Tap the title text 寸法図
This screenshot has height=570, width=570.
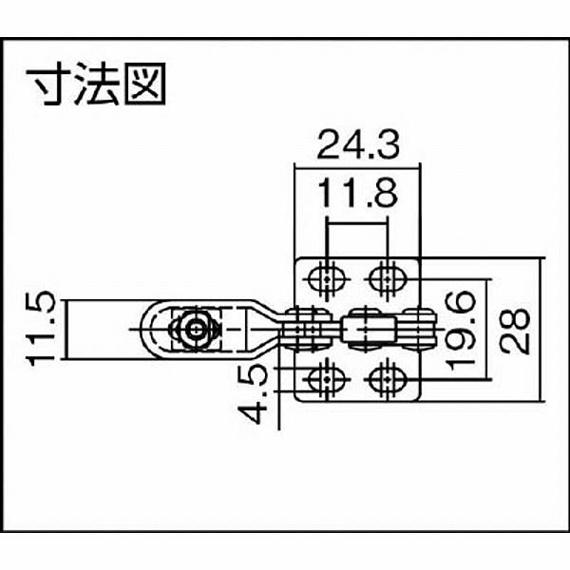(95, 85)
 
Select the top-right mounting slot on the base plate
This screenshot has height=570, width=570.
(385, 278)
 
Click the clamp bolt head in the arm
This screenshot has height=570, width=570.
(195, 330)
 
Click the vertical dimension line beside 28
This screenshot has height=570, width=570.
(542, 330)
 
